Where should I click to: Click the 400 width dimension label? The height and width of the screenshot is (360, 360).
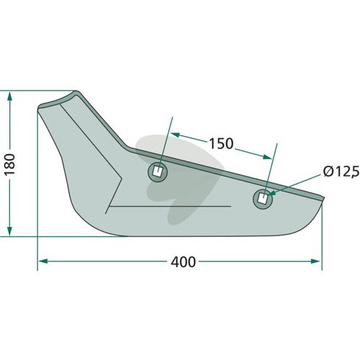point(183,262)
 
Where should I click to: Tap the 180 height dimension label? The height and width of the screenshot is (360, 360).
point(10,164)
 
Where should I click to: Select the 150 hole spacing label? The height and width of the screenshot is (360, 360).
point(221,143)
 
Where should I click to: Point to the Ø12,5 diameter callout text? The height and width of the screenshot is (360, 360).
point(341,172)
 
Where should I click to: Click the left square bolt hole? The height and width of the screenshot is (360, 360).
point(158,172)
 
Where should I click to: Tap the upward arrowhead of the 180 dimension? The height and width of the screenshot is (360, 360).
point(9,96)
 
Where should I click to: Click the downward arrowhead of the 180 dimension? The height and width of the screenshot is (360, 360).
point(9,231)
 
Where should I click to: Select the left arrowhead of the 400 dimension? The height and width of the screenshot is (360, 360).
point(42,261)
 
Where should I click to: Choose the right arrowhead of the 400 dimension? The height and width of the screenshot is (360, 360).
point(315,261)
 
